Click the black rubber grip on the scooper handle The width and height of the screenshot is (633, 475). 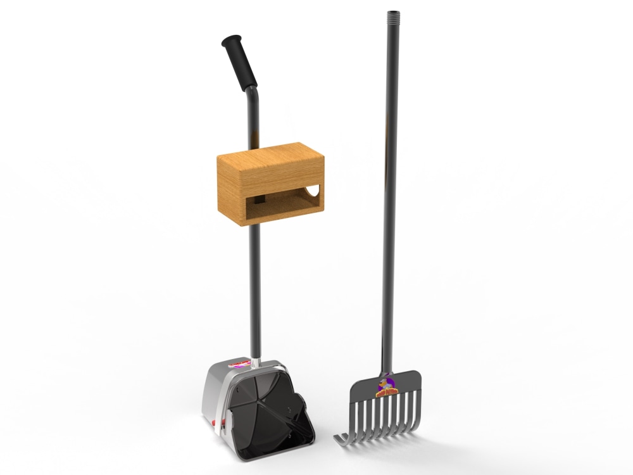240,62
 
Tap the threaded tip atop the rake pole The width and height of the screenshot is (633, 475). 394,13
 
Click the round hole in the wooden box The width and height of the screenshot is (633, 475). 314,189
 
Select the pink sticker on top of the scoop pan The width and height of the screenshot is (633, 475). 239,365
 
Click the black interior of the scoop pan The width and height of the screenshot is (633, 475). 266,405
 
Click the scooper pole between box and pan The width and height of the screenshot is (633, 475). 255,285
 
